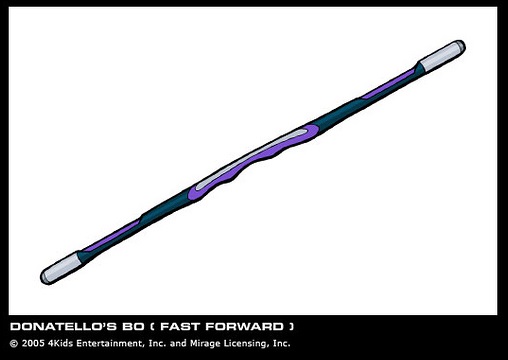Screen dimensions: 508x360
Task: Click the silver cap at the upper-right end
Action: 442,55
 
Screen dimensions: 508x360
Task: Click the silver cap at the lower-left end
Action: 61,269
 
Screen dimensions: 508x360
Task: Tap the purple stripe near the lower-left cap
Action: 111,235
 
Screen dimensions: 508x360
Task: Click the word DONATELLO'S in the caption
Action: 63,326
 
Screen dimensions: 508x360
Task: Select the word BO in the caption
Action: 133,326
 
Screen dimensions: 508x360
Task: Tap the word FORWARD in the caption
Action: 244,326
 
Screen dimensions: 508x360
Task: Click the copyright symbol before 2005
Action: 14,344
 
